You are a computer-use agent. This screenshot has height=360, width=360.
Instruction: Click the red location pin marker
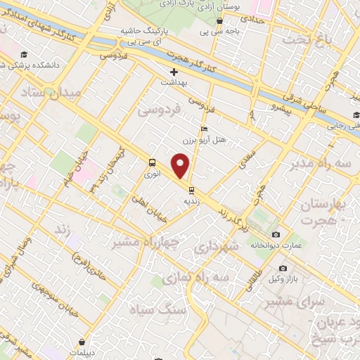181,167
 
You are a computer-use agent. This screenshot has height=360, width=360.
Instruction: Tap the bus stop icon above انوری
152,162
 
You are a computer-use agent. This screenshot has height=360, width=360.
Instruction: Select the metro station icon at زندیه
191,188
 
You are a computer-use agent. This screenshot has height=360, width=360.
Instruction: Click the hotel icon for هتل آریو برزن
204,129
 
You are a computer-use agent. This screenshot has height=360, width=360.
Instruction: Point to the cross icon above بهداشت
174,72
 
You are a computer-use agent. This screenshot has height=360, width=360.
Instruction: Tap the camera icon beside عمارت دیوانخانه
276,234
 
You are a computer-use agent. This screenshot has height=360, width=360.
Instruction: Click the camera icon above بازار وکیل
283,269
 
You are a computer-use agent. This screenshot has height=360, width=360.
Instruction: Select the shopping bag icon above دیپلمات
82,342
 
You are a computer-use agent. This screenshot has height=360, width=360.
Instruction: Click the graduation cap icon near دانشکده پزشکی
24,55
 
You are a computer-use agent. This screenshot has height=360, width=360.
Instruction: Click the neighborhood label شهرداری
212,247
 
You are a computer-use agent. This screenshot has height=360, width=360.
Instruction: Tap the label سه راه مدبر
324,165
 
